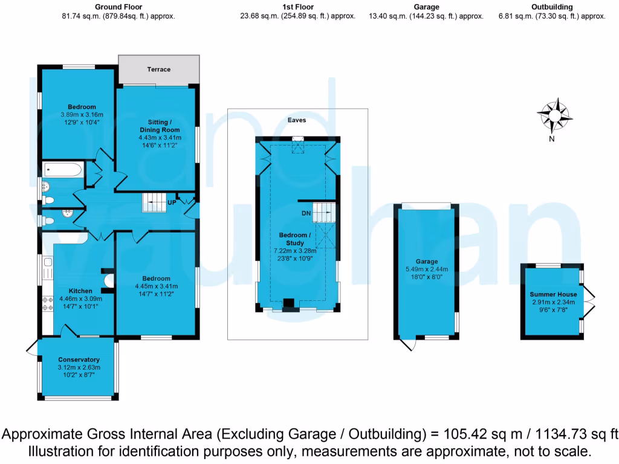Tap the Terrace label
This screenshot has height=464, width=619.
coord(159,69)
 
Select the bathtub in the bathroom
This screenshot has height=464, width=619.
coord(62,170)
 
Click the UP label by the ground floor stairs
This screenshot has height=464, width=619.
coord(172,202)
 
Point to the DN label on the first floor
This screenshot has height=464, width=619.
coord(306,213)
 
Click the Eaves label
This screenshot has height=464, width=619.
coord(297,120)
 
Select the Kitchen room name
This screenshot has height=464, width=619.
coord(80,291)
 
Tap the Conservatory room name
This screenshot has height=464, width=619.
coord(79,359)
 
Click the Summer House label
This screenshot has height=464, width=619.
coord(554,294)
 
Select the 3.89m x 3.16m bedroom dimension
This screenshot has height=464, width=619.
coord(82,115)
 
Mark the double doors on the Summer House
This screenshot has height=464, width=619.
coord(591,301)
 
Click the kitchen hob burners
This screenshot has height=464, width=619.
coord(47,303)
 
